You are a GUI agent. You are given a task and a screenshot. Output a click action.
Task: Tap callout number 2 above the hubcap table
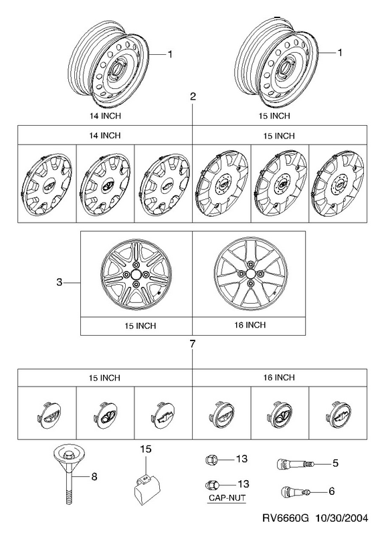click(193, 96)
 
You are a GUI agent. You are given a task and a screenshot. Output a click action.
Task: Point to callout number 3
click(60, 282)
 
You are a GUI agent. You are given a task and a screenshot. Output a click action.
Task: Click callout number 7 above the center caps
click(193, 344)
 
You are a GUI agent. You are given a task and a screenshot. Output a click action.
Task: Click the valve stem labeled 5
click(294, 463)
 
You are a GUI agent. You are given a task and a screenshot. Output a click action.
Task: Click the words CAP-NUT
click(227, 498)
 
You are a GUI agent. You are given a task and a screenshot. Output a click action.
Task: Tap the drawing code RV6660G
click(286, 518)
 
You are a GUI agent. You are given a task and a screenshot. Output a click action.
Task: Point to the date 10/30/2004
click(342, 518)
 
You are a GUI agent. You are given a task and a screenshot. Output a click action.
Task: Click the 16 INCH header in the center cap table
click(279, 377)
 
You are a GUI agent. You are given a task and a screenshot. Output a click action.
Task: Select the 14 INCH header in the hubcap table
click(105, 136)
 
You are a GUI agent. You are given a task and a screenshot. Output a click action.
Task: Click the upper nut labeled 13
click(210, 459)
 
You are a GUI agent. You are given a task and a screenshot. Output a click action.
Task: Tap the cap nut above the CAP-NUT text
click(210, 484)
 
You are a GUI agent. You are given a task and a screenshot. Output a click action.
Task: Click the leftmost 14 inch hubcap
click(47, 185)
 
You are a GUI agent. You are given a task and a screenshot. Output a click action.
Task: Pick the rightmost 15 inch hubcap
click(339, 185)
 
